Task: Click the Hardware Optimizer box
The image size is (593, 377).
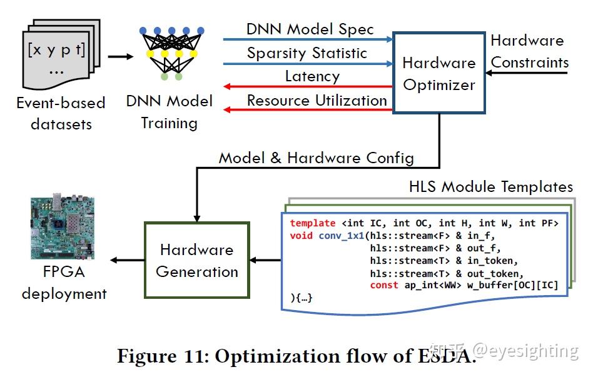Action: click(438, 73)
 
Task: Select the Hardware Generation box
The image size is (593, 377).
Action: click(197, 261)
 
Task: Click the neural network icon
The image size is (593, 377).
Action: click(171, 54)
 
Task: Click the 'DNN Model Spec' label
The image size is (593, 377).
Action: click(310, 29)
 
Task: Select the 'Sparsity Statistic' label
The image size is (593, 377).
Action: click(307, 53)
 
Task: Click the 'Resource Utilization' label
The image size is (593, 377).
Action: click(317, 101)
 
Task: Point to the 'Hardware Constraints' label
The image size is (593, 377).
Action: click(529, 52)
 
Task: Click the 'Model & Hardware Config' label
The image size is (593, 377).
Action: click(316, 158)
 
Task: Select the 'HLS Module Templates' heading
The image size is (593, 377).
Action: click(490, 187)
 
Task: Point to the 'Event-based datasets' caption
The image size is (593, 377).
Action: click(61, 113)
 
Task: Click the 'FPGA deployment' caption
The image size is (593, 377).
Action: click(64, 283)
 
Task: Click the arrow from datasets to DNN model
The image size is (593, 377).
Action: click(120, 56)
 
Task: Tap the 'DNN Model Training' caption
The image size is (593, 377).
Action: click(169, 112)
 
